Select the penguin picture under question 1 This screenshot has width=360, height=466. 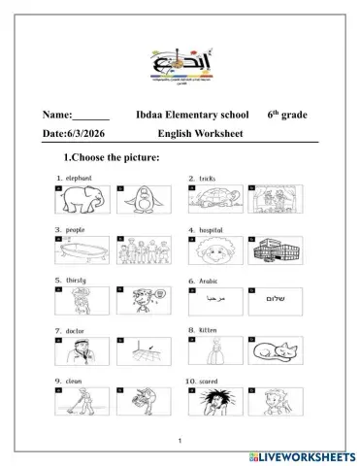click(x=135, y=202)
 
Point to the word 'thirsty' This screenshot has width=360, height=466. click(x=77, y=279)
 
